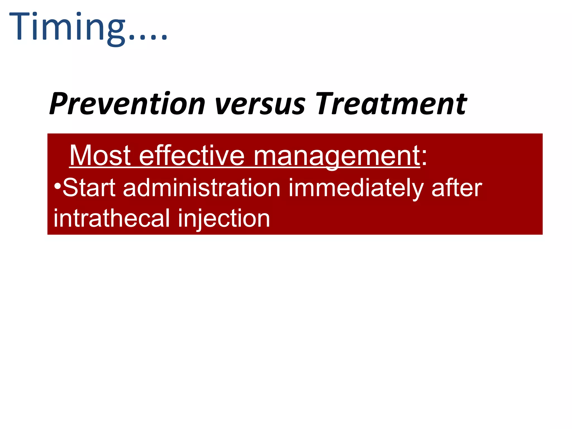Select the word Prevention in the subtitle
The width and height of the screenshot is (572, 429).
click(x=127, y=104)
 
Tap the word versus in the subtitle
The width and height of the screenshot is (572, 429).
click(x=260, y=104)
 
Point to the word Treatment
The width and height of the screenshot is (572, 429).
click(x=391, y=104)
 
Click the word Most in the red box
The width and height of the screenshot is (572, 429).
click(x=100, y=156)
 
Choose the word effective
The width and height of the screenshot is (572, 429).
click(x=192, y=156)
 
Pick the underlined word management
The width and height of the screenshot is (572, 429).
click(x=336, y=156)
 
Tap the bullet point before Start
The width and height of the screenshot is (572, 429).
click(x=58, y=185)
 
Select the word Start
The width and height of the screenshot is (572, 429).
click(x=89, y=188)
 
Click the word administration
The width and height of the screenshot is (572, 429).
click(x=202, y=188)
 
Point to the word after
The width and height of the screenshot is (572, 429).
click(x=457, y=188)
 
